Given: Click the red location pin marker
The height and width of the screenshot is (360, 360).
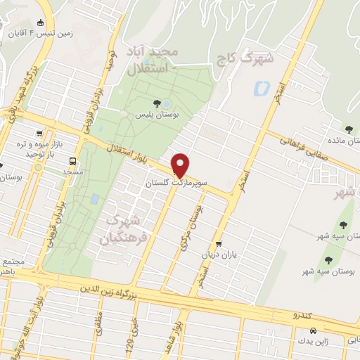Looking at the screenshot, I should coord(181,165).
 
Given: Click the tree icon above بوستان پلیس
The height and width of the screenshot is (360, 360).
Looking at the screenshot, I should coord(166,103).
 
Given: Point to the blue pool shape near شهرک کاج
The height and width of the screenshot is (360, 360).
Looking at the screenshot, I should coord(262,89).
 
